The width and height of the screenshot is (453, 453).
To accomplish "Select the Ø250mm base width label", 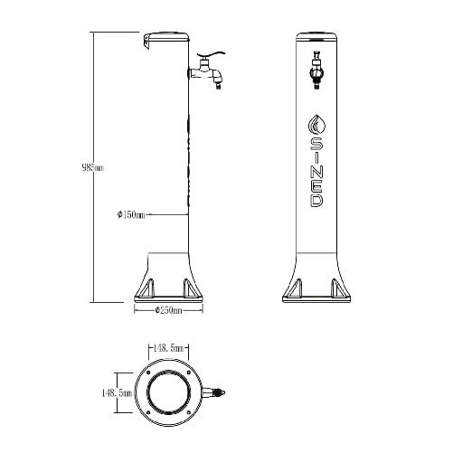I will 168,310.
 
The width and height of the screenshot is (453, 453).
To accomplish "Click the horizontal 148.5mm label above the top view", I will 168,347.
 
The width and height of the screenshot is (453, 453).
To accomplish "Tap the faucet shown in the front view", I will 316,71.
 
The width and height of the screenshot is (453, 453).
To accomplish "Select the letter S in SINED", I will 316,144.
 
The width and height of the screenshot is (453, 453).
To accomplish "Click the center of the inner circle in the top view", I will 168,393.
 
